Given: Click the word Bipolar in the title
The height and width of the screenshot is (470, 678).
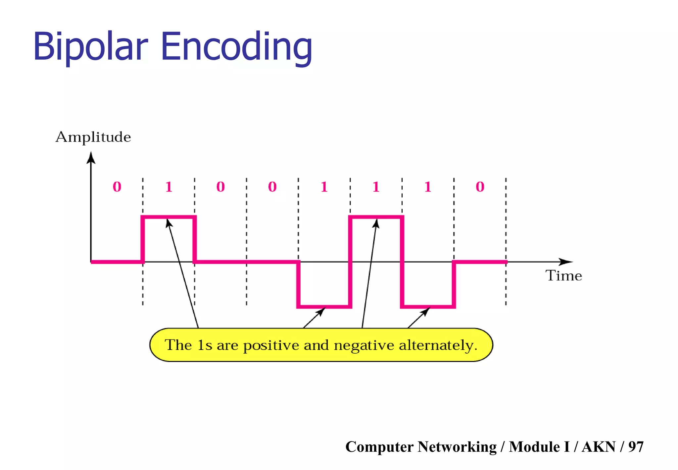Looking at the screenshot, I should tap(90, 46).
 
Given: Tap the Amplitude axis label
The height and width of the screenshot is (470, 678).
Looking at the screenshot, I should tap(93, 137).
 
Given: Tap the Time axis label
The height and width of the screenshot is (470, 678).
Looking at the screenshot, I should tap(563, 276).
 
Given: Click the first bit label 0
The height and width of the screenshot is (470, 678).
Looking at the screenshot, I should tap(117, 187).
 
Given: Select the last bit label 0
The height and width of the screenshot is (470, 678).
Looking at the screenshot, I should tap(480, 187).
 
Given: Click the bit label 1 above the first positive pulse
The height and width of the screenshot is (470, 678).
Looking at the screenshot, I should tap(169, 187).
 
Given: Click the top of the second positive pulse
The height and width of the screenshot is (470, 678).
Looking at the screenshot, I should tap(364, 217).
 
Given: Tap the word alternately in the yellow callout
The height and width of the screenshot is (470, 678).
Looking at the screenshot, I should tap(438, 346).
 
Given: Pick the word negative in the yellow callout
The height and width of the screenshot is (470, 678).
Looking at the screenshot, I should tap(364, 346).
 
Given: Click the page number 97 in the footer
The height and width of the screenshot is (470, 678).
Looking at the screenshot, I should tap(636, 447).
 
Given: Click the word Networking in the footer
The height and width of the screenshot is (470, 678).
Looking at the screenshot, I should tap(457, 447).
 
